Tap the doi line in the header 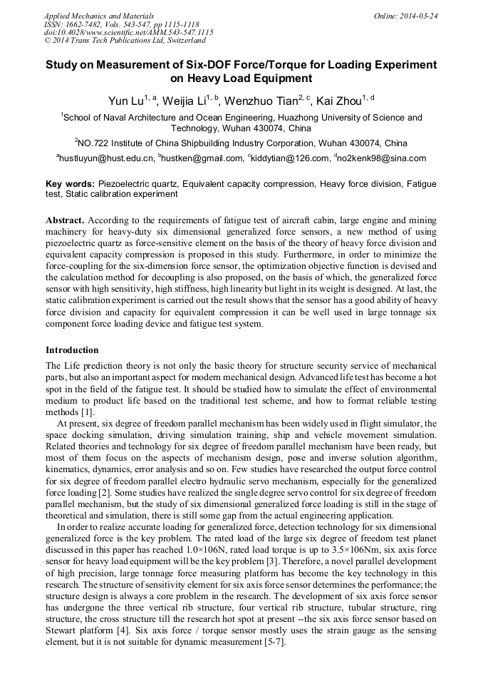[x=128, y=33]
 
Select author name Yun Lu [x=125, y=100]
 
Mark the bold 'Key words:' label [x=70, y=183]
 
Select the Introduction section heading [x=72, y=350]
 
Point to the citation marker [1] [x=87, y=412]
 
